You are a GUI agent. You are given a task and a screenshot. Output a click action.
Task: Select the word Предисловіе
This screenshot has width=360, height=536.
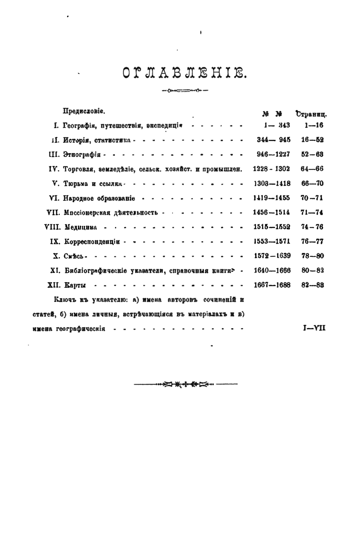84,111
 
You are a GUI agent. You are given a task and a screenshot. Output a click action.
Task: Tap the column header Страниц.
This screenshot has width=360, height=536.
311,114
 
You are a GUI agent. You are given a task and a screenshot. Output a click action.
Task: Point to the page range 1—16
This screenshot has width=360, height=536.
313,126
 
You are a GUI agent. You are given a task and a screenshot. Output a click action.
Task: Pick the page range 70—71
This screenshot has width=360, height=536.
312,198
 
